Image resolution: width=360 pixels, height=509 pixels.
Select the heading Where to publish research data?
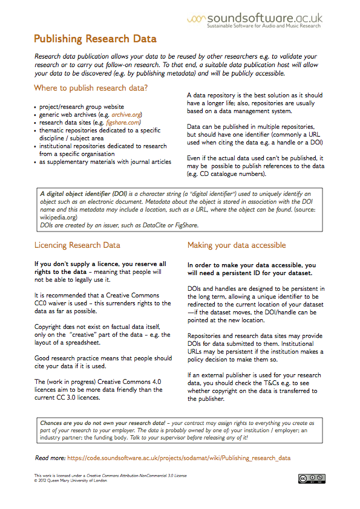coord(91,88)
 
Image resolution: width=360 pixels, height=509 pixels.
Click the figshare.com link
coord(123,122)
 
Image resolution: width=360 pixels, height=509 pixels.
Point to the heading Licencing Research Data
coord(77,245)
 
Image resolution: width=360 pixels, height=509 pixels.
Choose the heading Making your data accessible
coord(236,245)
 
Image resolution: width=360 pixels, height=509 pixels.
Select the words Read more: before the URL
coord(50,458)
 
